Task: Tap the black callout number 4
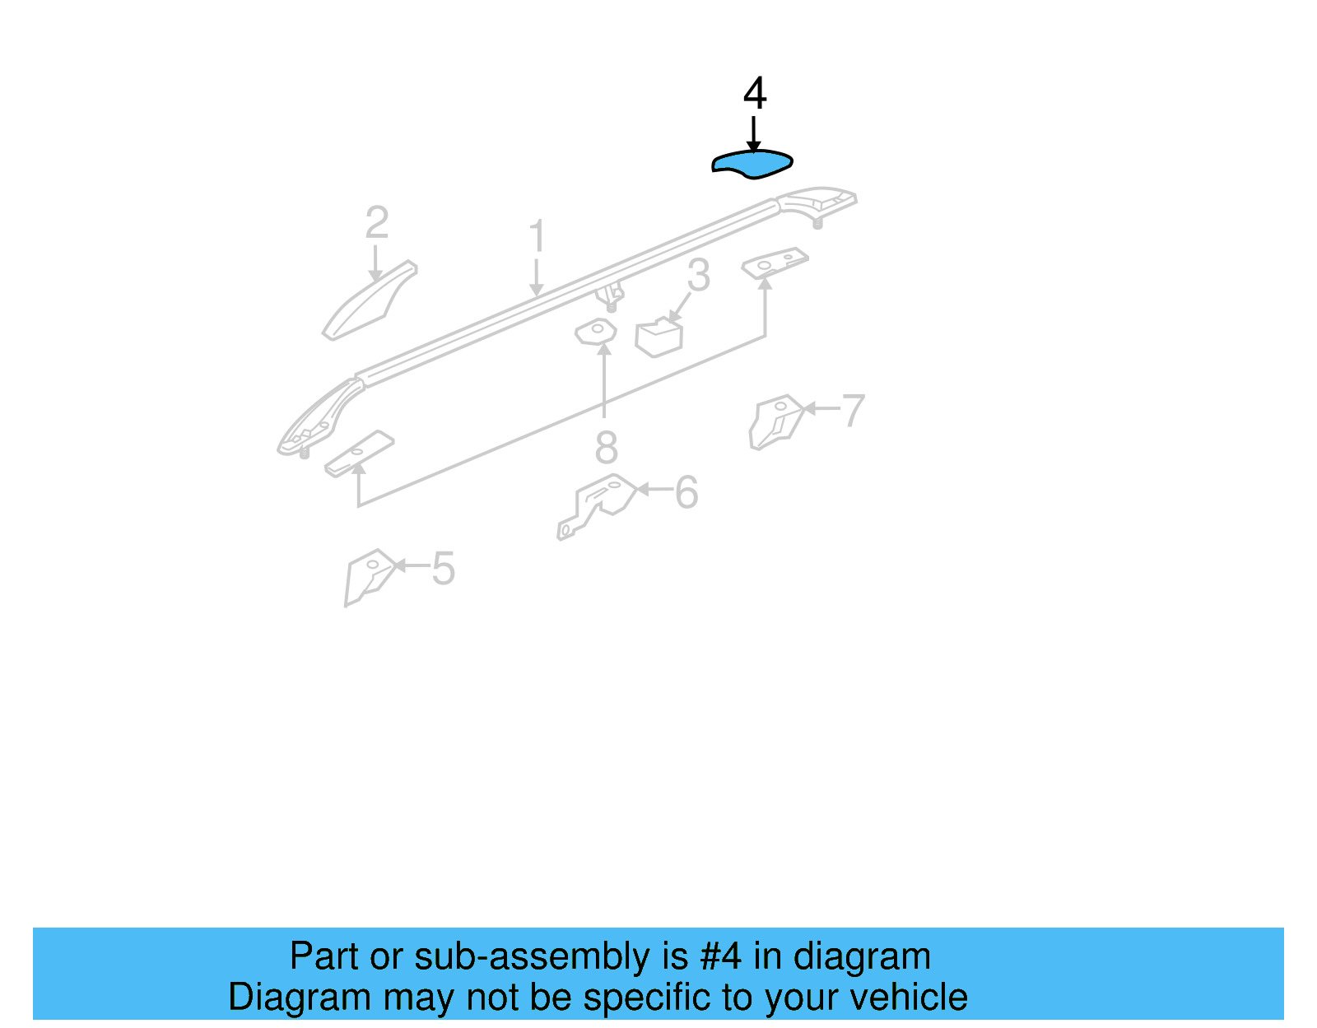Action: pyautogui.click(x=755, y=94)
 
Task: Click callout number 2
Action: pyautogui.click(x=376, y=223)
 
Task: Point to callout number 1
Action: pyautogui.click(x=537, y=237)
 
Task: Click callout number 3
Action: pyautogui.click(x=698, y=276)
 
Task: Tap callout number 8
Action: pyautogui.click(x=606, y=449)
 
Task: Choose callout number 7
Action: pyautogui.click(x=854, y=410)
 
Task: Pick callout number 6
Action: pyautogui.click(x=686, y=493)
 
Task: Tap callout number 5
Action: pyautogui.click(x=444, y=569)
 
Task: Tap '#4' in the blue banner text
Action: pyautogui.click(x=720, y=956)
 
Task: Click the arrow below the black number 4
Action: pyautogui.click(x=753, y=133)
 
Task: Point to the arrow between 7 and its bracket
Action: pyautogui.click(x=821, y=408)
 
